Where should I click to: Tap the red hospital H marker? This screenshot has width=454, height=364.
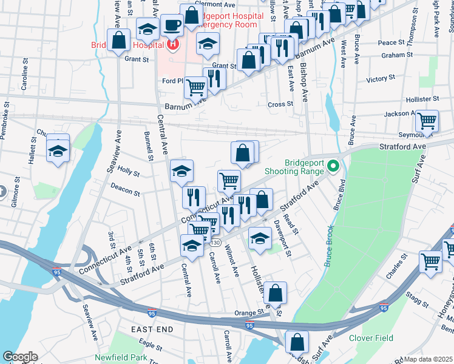(173, 44)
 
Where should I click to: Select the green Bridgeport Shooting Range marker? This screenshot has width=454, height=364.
(333, 165)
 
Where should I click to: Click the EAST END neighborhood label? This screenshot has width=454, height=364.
(151, 329)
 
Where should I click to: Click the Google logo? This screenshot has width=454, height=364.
(19, 356)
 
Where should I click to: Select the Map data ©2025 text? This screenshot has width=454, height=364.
(429, 359)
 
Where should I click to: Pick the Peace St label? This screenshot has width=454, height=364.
(391, 42)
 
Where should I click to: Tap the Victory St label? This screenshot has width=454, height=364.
(381, 79)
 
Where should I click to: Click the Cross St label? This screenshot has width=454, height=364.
(280, 104)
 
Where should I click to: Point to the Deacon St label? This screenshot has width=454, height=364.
(125, 194)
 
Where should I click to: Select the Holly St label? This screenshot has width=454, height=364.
(128, 172)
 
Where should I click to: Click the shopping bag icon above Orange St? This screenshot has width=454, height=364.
(275, 293)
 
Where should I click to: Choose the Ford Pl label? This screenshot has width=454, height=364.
(172, 81)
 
